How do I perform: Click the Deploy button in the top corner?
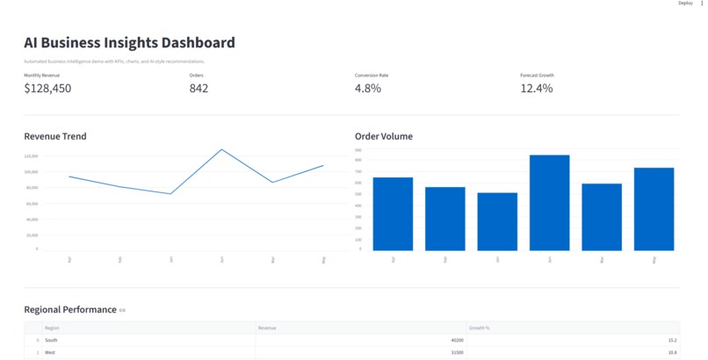(x=685, y=4)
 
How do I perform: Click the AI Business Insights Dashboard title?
(x=129, y=42)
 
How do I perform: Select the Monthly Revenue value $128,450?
(x=47, y=88)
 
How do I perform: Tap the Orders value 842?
(x=199, y=88)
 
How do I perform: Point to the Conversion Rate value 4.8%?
(x=367, y=88)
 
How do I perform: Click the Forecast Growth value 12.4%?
(x=537, y=88)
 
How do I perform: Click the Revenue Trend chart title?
(x=54, y=136)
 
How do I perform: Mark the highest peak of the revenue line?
(x=221, y=149)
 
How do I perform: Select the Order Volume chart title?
(x=383, y=136)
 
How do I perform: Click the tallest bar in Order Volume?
(x=549, y=203)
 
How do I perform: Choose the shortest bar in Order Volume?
(x=497, y=221)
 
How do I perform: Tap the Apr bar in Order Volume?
(x=393, y=214)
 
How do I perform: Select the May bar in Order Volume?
(x=654, y=209)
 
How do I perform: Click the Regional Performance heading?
(x=70, y=310)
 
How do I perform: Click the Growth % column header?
(x=479, y=328)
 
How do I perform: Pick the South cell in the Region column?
(x=51, y=340)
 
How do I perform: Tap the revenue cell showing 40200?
(x=457, y=340)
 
